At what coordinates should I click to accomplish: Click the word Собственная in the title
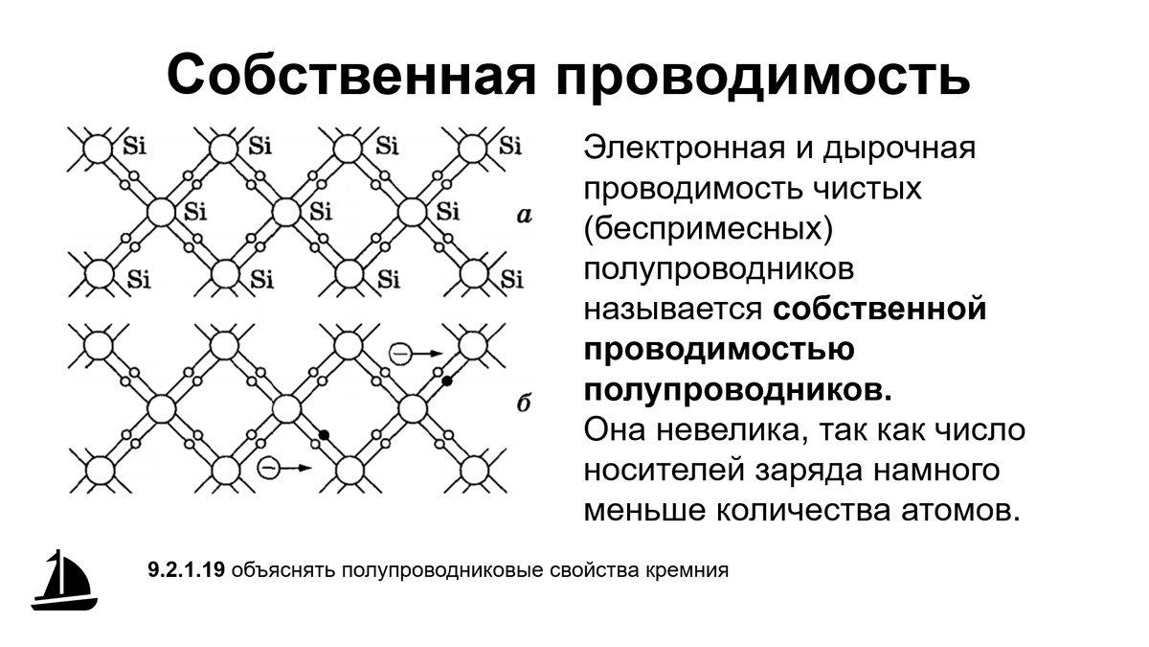(351, 75)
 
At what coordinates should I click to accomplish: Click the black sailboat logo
(64, 580)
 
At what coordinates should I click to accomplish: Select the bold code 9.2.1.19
(186, 570)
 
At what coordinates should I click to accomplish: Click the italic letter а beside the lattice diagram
(524, 216)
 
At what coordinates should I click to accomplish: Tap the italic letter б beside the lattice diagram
(523, 404)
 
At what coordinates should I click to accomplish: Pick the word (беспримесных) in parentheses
(709, 228)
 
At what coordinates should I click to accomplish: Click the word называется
(673, 310)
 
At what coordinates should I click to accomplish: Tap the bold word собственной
(880, 310)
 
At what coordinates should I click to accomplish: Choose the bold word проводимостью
(719, 350)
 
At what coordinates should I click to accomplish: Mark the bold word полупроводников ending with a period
(738, 391)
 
